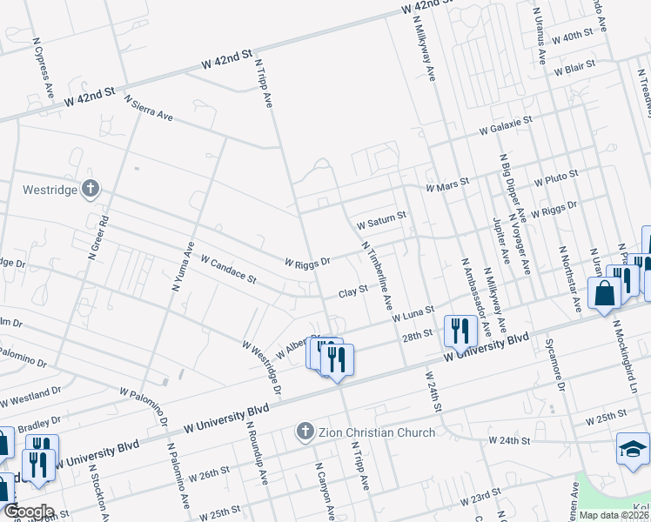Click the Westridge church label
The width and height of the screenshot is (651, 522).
pos(47,189)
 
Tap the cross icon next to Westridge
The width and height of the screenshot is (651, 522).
pos(91,189)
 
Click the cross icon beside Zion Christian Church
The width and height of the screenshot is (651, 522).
pos(305,431)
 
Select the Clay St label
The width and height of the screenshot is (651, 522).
pos(349,293)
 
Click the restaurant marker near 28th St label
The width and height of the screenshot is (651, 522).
pos(460,331)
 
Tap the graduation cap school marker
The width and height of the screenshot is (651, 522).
pos(634,449)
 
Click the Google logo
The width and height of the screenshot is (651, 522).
pos(29,512)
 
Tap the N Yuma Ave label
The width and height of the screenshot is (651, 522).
pos(178,266)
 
